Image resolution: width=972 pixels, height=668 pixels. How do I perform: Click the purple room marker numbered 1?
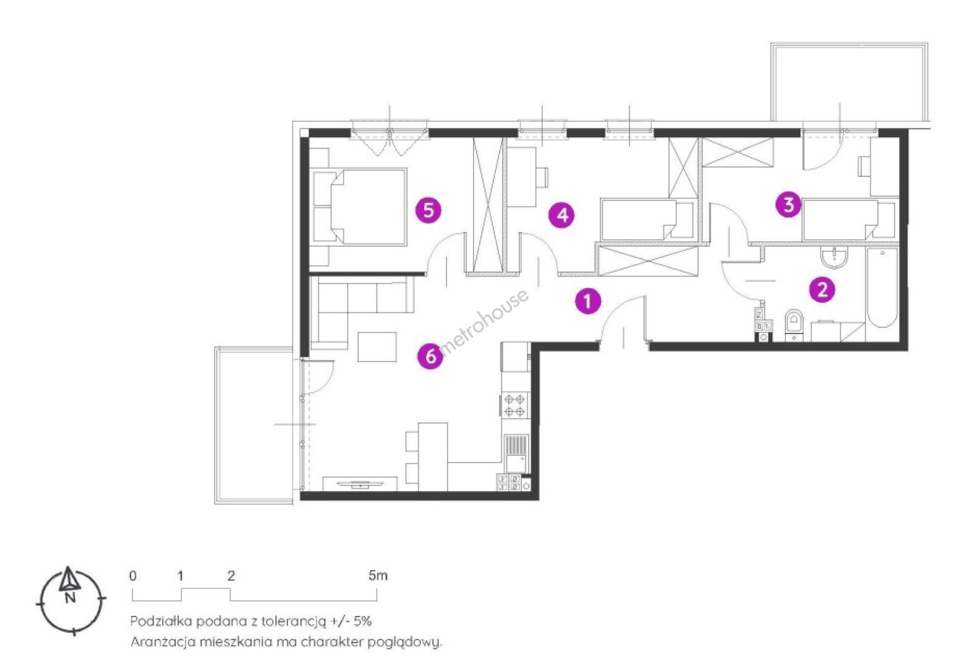point(588,301)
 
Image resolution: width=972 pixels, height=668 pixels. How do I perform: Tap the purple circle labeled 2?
point(822,289)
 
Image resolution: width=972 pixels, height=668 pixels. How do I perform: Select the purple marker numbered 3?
point(789,205)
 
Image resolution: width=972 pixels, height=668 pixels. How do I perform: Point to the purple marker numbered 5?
point(428,210)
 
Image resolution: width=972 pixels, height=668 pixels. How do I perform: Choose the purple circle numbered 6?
point(430,356)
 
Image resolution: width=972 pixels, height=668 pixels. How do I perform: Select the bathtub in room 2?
point(882,288)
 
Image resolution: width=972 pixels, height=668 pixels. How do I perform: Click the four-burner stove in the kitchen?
point(515,405)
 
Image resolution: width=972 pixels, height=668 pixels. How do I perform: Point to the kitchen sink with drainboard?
point(516,453)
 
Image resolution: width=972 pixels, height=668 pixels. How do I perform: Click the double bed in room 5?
point(360,207)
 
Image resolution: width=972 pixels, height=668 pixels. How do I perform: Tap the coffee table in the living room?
point(377,347)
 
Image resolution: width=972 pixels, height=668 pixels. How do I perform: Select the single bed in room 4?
point(647,220)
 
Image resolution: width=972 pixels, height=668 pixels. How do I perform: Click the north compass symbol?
point(70,601)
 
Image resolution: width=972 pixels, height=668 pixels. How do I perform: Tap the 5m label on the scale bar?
point(378,576)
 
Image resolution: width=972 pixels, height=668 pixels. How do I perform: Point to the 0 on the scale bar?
point(133,576)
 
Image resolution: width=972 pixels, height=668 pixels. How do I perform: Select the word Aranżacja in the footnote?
point(164,643)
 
